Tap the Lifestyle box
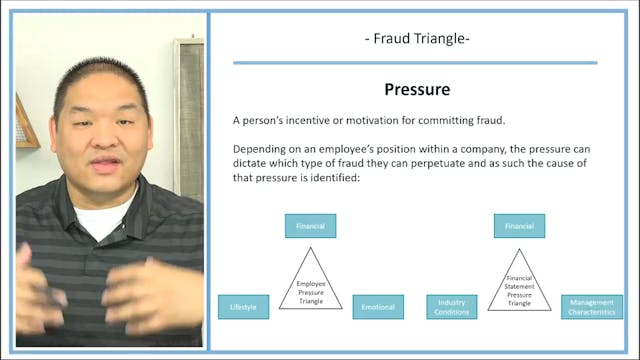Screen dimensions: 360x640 [243, 307]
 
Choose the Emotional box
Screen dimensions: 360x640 [378, 307]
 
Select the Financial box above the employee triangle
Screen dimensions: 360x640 [310, 227]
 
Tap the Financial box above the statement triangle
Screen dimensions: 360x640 [519, 227]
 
